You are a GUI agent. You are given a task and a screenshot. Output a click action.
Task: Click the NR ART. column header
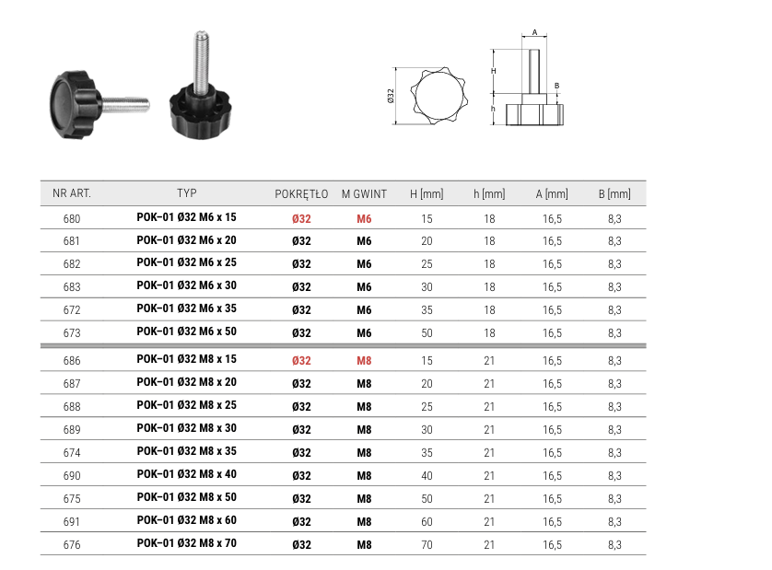click(x=72, y=193)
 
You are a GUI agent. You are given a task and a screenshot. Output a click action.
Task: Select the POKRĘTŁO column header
click(x=301, y=194)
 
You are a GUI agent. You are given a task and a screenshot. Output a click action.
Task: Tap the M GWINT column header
click(x=364, y=194)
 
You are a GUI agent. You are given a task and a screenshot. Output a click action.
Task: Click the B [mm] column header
click(x=614, y=194)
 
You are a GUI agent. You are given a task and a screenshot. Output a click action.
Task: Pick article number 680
click(x=72, y=219)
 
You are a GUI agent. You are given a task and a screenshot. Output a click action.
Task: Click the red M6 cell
click(x=364, y=219)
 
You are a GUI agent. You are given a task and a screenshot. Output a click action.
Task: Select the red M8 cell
click(x=364, y=361)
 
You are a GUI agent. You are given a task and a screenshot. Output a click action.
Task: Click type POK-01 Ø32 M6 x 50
click(x=187, y=332)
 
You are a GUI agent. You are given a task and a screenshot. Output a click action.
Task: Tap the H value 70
click(x=427, y=545)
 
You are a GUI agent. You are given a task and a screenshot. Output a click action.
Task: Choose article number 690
click(x=72, y=476)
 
